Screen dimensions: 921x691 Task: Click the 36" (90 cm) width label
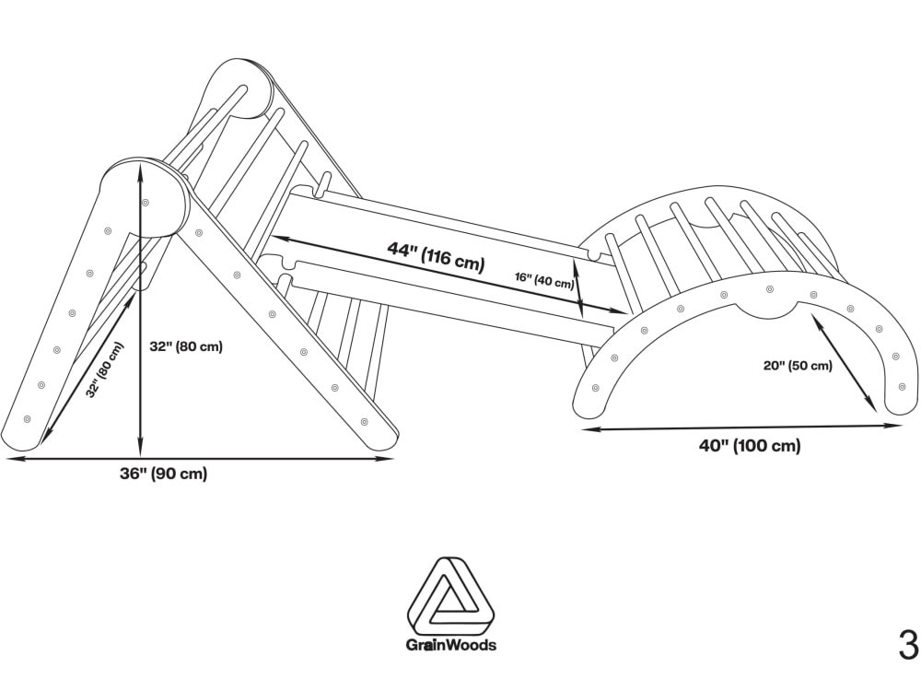pos(163,474)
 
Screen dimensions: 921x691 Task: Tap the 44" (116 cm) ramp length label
pos(436,257)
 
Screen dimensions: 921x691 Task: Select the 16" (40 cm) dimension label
pos(544,280)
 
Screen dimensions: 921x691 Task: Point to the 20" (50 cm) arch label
pos(798,366)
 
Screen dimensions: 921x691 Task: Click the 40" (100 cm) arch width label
pos(750,446)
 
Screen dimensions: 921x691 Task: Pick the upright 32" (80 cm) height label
pos(186,346)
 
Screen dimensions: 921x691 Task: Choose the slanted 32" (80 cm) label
pos(106,370)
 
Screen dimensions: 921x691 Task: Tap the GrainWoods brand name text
pos(451,645)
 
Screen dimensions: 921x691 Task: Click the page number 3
pos(908,645)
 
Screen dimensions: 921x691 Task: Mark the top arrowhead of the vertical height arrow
pos(140,167)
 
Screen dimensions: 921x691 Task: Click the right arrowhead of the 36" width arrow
pos(387,460)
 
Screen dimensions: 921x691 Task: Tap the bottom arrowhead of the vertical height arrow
pos(140,451)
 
